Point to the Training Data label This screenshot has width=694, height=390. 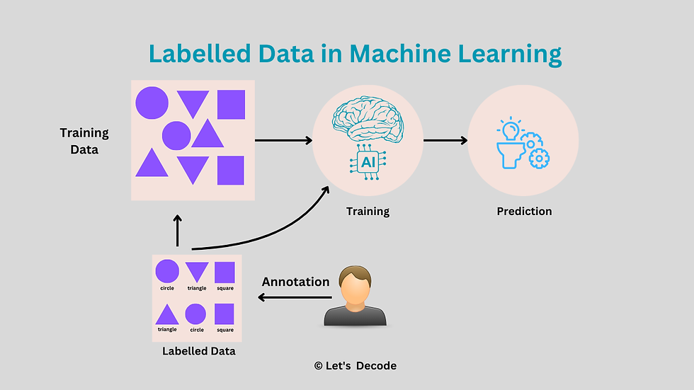pos(84,141)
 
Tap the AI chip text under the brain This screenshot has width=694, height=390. pos(368,163)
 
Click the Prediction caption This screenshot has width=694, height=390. pos(524,211)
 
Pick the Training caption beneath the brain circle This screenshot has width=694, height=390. pos(368,211)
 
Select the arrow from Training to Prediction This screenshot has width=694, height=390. pos(445,140)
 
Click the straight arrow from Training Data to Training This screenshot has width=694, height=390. pos(283,140)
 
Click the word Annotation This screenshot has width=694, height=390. pos(295,282)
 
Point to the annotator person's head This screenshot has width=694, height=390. pos(354,282)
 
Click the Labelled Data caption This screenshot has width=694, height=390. pos(198,351)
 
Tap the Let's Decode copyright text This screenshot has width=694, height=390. pos(355,366)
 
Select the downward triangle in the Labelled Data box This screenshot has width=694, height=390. pos(197,272)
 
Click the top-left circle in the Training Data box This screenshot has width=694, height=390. pos(152,103)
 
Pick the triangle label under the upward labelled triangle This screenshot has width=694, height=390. pos(167,329)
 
